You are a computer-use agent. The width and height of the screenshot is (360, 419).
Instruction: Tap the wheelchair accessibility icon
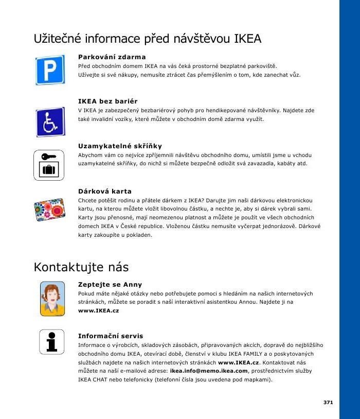[50, 122]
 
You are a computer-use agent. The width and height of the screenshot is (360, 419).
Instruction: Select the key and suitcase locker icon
[49, 165]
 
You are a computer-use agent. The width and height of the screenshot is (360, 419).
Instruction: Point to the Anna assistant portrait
[52, 298]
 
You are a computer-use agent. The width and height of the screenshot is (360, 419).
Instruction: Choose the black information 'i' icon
[51, 341]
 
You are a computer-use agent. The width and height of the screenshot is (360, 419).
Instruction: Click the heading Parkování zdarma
[112, 57]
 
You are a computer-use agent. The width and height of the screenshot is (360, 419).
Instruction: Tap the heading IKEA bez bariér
[107, 101]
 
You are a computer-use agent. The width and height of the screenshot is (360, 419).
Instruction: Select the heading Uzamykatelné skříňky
[120, 146]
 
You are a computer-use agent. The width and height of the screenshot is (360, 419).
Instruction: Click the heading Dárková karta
[105, 191]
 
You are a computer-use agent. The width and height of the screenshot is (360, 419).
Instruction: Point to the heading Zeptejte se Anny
[110, 284]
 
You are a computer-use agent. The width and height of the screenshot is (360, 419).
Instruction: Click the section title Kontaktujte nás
[81, 267]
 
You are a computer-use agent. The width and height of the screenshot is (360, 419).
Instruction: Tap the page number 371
[328, 401]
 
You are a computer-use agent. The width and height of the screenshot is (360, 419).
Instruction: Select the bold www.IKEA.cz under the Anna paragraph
[98, 311]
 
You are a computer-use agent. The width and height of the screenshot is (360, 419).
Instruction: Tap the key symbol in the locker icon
[47, 156]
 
